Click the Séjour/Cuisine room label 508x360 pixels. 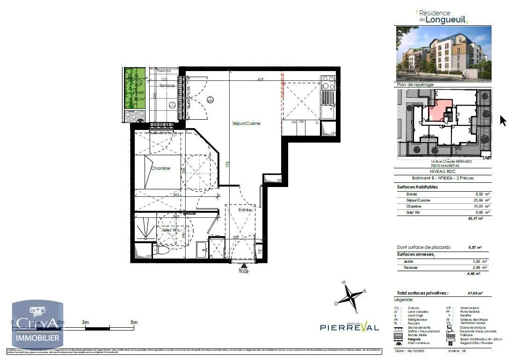(246, 123)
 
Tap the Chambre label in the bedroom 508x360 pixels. (160, 168)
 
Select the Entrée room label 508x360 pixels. (245, 210)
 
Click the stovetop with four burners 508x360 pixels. (328, 83)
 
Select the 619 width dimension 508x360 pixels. (261, 79)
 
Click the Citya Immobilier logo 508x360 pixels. (37, 325)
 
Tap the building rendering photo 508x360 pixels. (443, 53)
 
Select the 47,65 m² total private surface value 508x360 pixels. (475, 293)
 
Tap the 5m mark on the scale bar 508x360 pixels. (134, 323)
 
